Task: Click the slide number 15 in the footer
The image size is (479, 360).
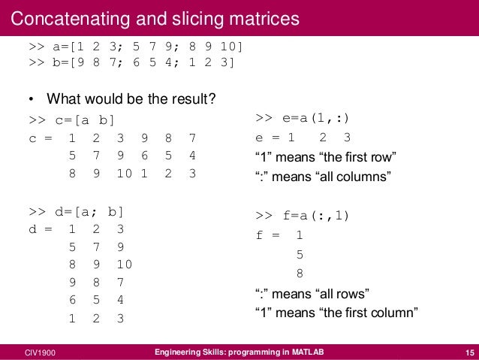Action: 467,352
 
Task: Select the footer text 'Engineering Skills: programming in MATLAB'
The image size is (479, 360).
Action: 239,352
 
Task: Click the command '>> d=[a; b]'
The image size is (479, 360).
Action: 76,211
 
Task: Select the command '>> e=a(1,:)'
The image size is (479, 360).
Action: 303,118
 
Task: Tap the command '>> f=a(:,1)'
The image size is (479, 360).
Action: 303,216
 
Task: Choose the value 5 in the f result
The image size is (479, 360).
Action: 300,254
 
